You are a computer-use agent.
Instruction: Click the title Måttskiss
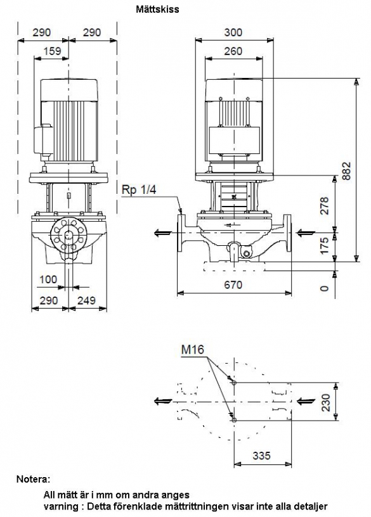157,10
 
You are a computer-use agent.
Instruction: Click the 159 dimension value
52,51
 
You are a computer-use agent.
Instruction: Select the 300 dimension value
233,32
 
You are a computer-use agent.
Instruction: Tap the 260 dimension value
233,51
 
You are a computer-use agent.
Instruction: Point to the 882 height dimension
346,170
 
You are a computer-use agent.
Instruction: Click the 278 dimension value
325,206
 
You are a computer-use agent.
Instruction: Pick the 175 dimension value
325,246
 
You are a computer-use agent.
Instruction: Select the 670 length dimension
233,284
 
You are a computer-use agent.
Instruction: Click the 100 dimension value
48,279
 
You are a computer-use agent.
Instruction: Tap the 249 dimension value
86,300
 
